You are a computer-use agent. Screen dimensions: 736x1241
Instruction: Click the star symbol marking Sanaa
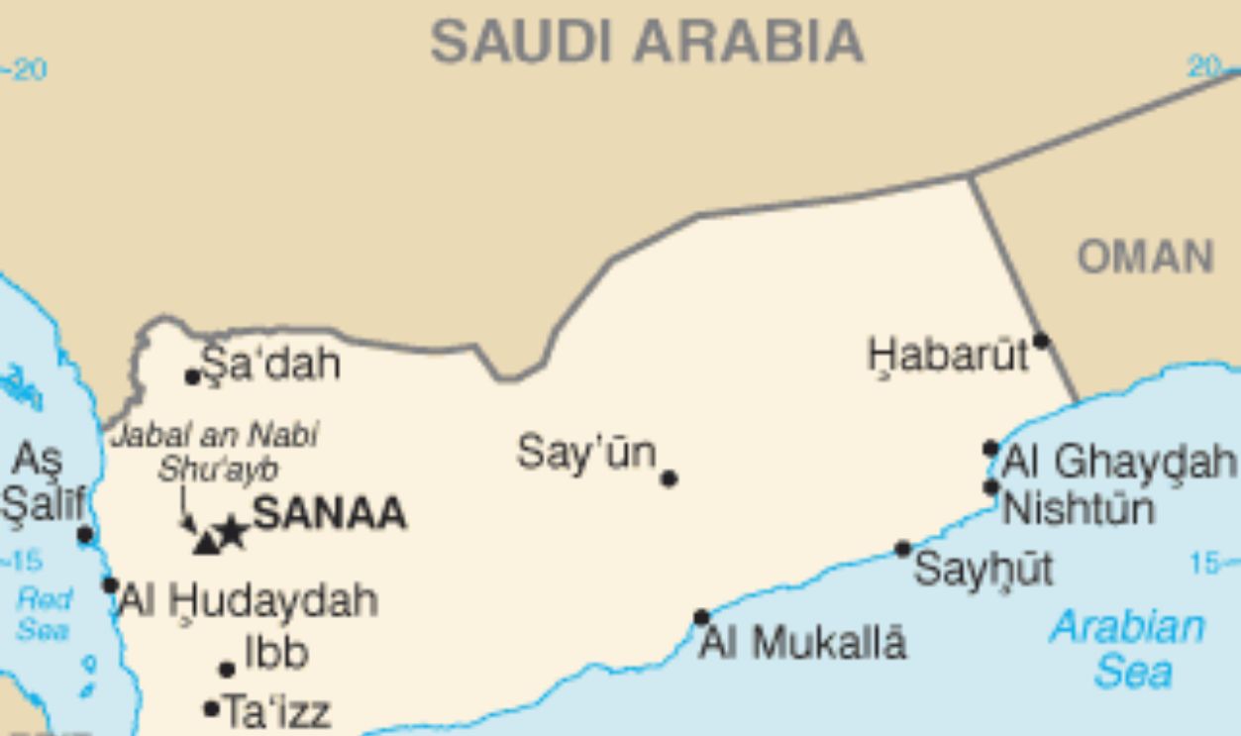pos(231,532)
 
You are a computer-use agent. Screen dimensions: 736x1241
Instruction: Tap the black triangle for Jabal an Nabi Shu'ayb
pos(206,542)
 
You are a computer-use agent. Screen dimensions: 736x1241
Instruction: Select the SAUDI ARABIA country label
pos(647,43)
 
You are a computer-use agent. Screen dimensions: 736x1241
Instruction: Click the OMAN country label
pos(1146,259)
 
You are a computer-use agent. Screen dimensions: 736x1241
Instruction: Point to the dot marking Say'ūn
pos(669,478)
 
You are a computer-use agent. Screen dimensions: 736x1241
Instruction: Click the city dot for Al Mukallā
pos(701,617)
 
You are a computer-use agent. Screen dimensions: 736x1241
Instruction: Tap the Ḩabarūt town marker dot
pos(1040,341)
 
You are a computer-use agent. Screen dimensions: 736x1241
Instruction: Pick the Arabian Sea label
pos(1129,650)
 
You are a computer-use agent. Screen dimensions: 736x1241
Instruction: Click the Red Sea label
pos(44,614)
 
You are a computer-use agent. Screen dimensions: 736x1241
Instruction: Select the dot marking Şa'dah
pos(193,376)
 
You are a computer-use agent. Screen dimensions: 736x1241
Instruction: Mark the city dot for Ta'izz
pos(211,708)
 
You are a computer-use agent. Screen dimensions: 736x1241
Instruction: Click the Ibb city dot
pos(227,670)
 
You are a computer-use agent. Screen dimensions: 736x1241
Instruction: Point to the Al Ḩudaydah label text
pos(249,600)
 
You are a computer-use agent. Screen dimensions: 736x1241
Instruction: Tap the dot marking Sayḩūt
pos(902,549)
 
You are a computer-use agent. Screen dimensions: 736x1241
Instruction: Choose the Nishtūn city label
pos(1079,509)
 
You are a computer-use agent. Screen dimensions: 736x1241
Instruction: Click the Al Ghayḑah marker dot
pos(990,449)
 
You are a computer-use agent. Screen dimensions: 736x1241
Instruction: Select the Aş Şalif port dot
pos(85,536)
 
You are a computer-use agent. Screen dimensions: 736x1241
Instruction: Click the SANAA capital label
pos(329,514)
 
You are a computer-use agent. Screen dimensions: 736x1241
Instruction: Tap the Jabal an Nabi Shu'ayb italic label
pos(215,451)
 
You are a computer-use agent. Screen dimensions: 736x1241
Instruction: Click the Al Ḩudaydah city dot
pos(110,585)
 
